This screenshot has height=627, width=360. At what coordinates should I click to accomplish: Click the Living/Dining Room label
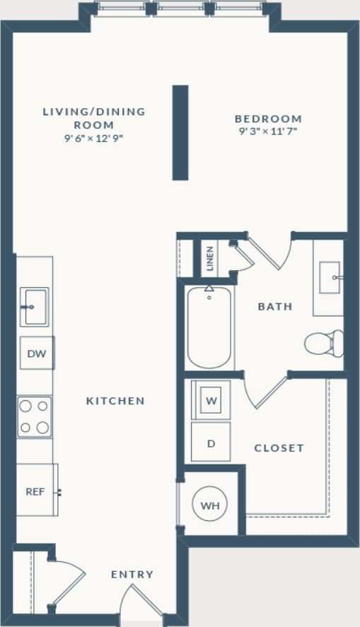93,117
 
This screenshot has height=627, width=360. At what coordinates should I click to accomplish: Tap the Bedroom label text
268,119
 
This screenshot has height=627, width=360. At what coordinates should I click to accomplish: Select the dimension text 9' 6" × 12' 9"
93,138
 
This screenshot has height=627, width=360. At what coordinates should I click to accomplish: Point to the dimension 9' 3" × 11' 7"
268,131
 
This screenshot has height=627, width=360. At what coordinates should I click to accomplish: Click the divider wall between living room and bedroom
180,133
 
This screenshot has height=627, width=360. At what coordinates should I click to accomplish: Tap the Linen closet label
211,259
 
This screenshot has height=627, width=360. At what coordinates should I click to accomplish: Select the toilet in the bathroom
325,344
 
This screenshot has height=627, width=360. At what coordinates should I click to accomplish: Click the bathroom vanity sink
330,278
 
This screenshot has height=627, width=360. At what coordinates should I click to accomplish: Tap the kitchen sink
33,307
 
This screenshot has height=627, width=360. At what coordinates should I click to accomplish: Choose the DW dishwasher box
37,353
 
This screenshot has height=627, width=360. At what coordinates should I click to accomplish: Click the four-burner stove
35,417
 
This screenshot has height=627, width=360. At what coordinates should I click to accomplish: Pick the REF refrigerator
36,491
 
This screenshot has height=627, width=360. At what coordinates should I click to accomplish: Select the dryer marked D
211,443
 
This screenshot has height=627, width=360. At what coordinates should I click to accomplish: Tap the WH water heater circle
210,505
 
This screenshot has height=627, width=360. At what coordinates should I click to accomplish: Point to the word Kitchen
115,401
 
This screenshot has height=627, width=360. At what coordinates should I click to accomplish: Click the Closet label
279,448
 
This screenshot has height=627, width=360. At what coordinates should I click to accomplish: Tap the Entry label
132,575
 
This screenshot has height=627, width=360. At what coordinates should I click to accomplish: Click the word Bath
275,307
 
